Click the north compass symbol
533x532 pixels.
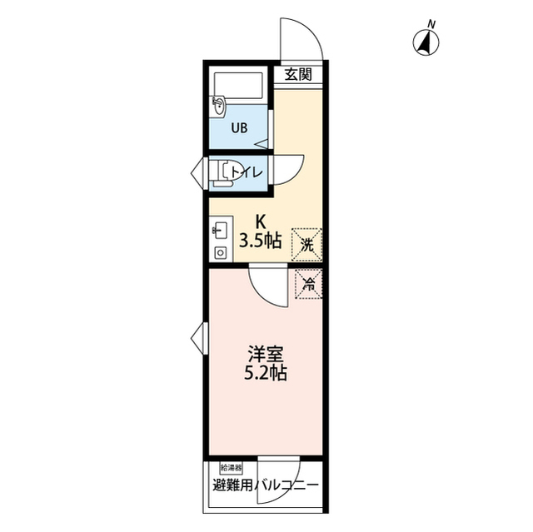[x=426, y=42]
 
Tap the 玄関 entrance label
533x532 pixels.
[x=298, y=74]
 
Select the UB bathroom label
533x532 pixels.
[x=239, y=128]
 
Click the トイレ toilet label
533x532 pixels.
[x=247, y=173]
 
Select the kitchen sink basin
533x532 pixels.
[x=220, y=231]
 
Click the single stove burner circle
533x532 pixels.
[x=220, y=253]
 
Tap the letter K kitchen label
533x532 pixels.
[x=261, y=222]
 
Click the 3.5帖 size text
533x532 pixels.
[x=261, y=241]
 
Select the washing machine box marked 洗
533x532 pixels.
[x=306, y=245]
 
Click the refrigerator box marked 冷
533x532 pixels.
[x=309, y=284]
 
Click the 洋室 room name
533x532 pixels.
[x=266, y=355]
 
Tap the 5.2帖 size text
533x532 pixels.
[x=266, y=373]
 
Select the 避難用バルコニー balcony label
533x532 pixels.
[x=266, y=485]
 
